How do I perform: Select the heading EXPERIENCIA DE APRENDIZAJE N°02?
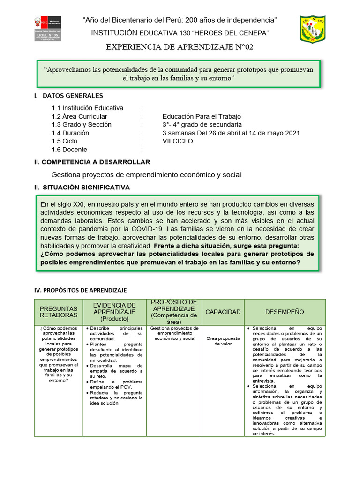point(180,47)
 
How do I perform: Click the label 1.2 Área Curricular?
point(79,116)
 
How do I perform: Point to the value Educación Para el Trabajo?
point(202,116)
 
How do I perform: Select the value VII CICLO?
point(179,141)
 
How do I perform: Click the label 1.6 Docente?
point(69,149)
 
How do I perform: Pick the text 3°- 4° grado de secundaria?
point(202,124)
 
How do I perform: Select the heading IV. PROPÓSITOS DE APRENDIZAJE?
point(81,290)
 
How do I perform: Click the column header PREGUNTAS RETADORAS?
point(59,312)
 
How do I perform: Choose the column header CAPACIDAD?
point(223,312)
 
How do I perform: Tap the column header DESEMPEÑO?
point(285,312)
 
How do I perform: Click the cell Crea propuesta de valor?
point(223,340)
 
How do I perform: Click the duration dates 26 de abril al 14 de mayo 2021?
point(249,133)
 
